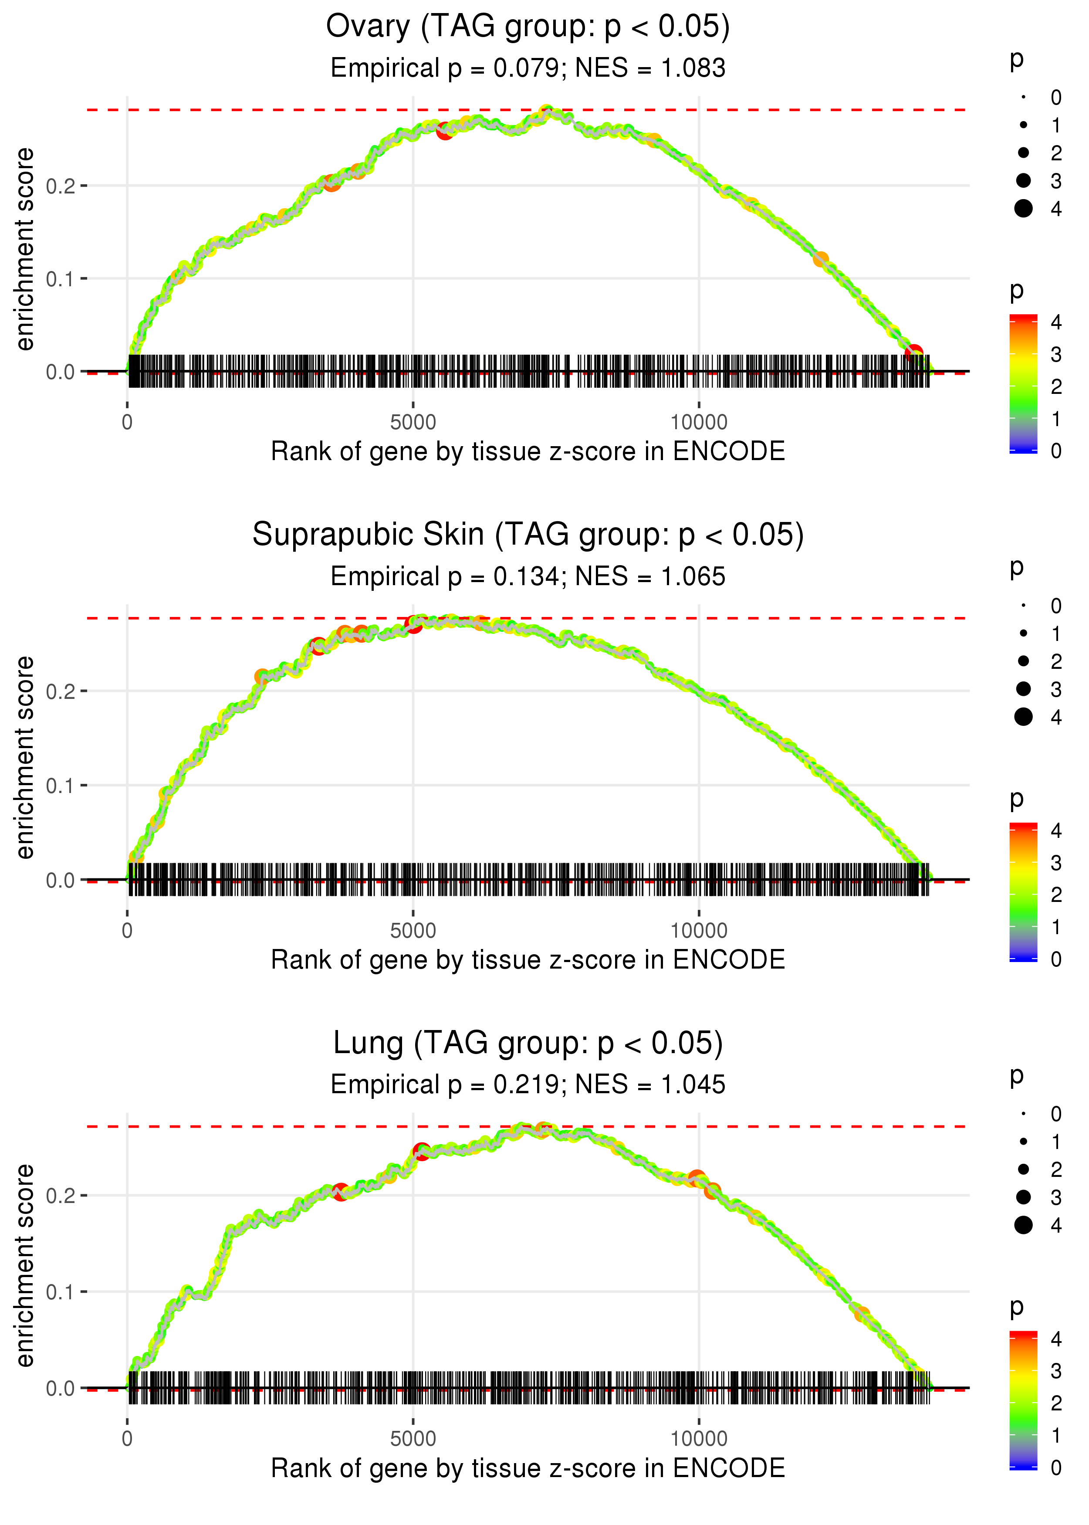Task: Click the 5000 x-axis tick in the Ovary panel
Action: coord(413,423)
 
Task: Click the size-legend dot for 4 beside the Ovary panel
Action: coord(1023,209)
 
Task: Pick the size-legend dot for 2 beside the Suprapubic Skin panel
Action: coord(1023,661)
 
